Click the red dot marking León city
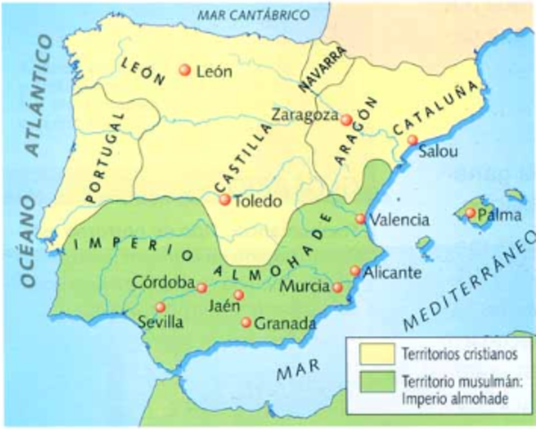[185, 71]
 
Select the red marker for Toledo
[225, 200]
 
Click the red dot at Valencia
[360, 219]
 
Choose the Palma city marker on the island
[471, 213]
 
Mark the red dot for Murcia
[337, 288]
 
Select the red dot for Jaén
[239, 295]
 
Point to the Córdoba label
[163, 282]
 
